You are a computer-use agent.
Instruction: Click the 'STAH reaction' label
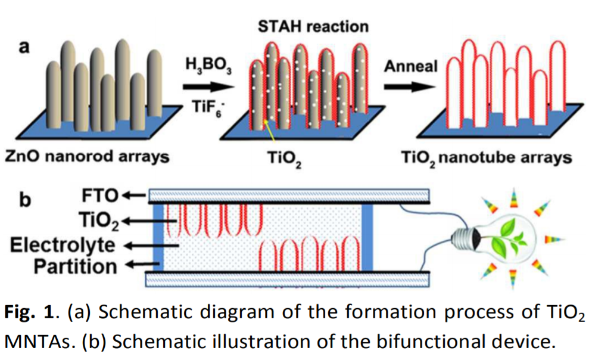point(313,26)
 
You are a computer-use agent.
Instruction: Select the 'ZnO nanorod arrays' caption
point(87,157)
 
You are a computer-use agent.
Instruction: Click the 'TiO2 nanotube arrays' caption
point(487,158)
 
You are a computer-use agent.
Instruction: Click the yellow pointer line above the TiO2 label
point(267,129)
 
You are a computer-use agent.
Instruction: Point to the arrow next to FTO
point(134,195)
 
